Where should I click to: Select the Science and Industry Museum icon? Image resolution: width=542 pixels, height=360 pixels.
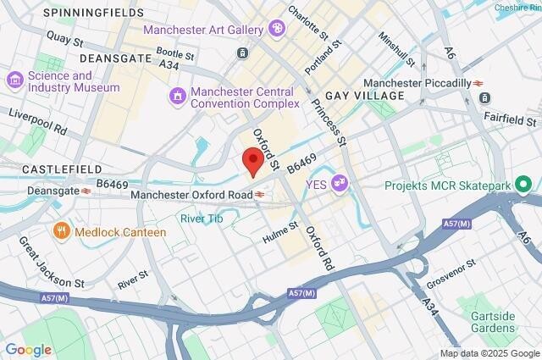[14, 81]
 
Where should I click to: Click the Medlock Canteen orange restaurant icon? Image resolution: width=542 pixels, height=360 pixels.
[62, 230]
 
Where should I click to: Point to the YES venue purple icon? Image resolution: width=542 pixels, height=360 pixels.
[340, 181]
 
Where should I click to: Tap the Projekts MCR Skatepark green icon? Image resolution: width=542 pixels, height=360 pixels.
[524, 184]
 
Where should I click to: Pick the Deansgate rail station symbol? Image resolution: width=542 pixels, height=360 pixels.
[86, 191]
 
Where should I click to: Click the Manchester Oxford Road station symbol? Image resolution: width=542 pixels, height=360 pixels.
[261, 195]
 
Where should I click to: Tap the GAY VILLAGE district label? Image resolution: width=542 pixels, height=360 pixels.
[365, 96]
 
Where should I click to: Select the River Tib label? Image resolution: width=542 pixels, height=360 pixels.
[202, 218]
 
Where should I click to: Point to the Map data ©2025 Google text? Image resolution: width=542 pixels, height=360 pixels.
[489, 353]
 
